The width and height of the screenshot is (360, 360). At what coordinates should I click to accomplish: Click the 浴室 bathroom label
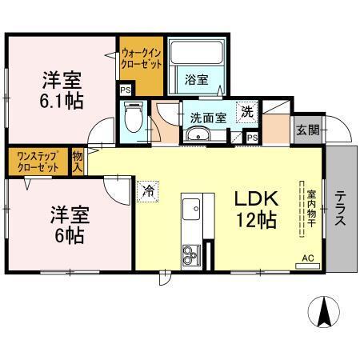tap(196, 79)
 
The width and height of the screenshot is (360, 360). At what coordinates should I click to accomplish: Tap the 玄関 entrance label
tap(306, 129)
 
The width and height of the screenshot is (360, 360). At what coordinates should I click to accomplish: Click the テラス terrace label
tap(340, 207)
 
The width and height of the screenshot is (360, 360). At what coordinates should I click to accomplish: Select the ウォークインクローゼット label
tap(142, 59)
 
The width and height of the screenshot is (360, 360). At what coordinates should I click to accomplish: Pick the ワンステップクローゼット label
tap(36, 162)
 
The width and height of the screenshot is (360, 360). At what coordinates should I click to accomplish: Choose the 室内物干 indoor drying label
tap(308, 210)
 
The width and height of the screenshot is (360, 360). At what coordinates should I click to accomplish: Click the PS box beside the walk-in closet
tap(126, 90)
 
